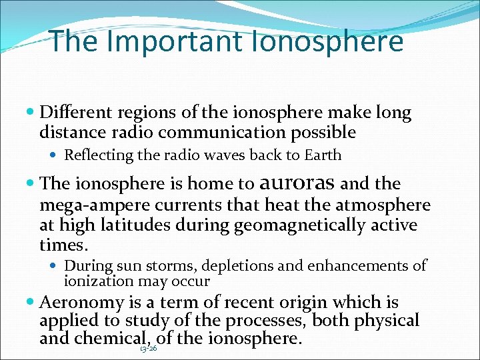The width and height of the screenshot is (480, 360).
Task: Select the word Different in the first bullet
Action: click(x=75, y=113)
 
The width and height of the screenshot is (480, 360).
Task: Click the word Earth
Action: click(x=322, y=155)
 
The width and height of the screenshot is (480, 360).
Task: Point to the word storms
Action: click(x=170, y=266)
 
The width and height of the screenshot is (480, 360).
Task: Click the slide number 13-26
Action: click(x=149, y=348)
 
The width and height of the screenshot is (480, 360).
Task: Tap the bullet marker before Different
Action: click(x=31, y=114)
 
